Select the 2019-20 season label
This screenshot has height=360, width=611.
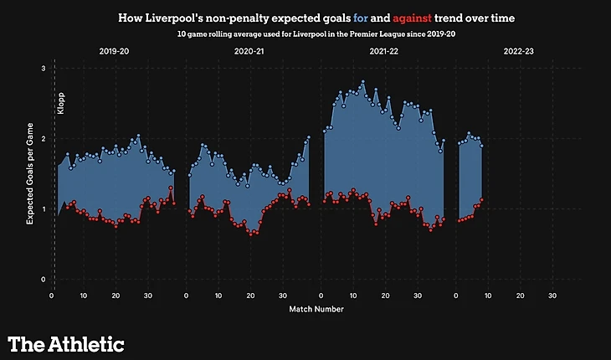point(115,51)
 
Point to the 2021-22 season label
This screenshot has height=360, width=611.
point(384,51)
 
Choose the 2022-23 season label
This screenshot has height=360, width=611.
point(519,51)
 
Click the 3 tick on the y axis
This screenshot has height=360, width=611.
point(43,68)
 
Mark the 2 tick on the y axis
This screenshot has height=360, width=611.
point(43,138)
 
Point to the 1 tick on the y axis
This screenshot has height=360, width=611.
point(43,208)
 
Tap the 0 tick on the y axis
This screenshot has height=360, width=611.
point(43,279)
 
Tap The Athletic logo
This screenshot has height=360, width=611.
point(66,343)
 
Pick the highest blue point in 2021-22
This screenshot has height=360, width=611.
point(362,82)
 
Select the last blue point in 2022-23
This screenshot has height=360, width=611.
point(481,147)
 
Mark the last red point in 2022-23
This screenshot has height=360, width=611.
point(481,199)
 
